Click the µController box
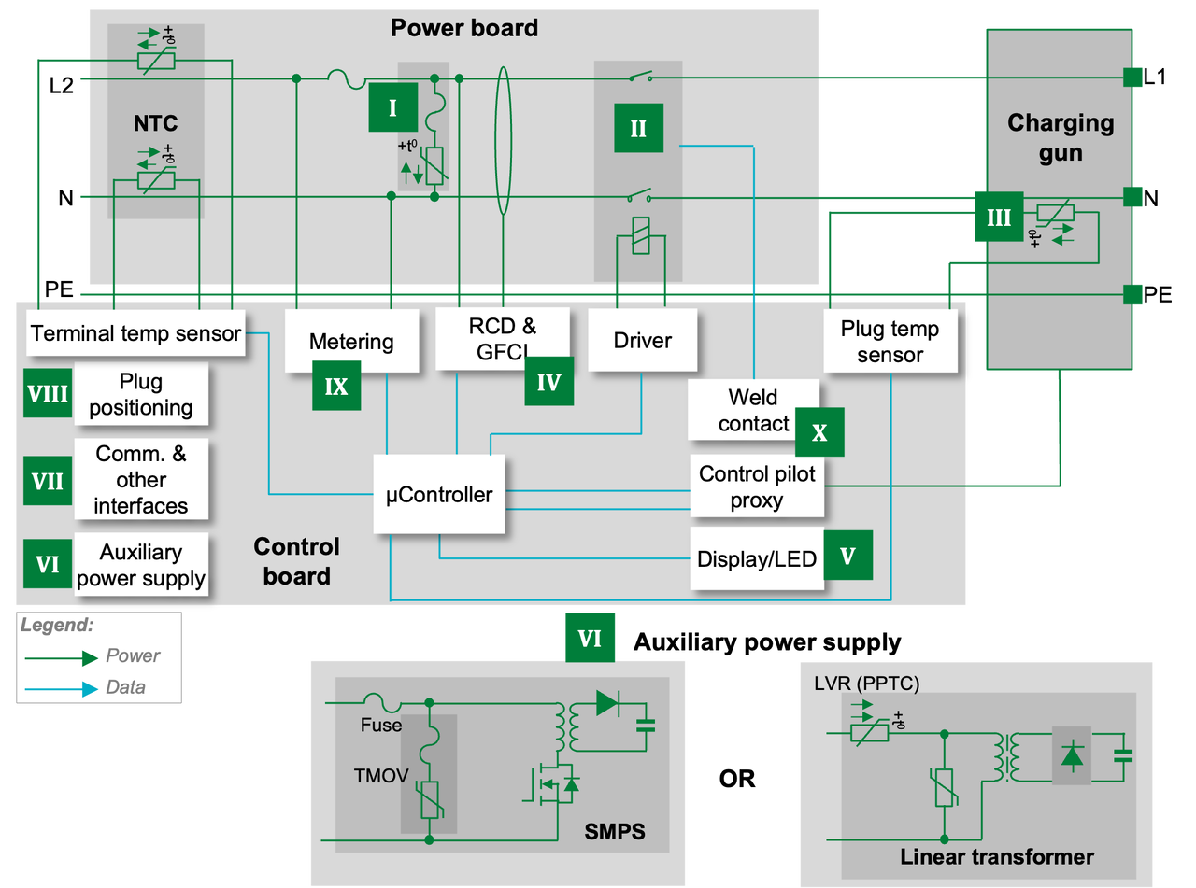[439, 494]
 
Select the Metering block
[351, 342]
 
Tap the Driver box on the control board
[642, 341]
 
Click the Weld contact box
[753, 410]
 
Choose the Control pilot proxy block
[757, 486]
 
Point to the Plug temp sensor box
[890, 342]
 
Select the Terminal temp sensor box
[135, 333]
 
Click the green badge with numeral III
[998, 218]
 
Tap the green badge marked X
[819, 432]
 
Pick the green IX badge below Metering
[336, 387]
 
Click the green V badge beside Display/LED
[847, 556]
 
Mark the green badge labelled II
[638, 128]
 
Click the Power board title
[464, 28]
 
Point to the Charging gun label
[1061, 137]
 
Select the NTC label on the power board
[155, 123]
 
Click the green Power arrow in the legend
[62, 657]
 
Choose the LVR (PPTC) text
[867, 684]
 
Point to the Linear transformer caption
[997, 856]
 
